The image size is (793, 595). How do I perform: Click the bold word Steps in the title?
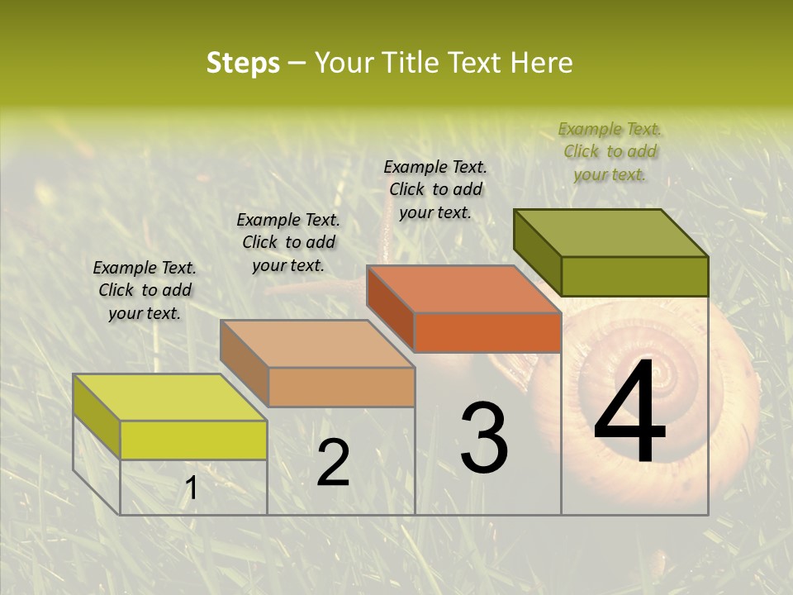tap(242, 64)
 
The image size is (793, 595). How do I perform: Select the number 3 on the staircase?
tap(484, 438)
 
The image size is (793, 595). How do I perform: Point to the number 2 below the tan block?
tap(333, 463)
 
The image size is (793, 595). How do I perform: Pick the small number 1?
tap(192, 488)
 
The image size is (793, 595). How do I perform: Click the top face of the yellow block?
tap(169, 397)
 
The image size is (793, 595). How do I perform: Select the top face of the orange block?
tap(463, 289)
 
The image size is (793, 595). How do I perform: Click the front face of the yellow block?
tap(193, 440)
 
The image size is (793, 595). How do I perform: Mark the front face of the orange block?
tap(487, 332)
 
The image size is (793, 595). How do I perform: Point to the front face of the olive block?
tap(634, 276)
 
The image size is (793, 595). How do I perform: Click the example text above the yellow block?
tap(145, 290)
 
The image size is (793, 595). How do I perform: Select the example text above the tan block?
tap(288, 242)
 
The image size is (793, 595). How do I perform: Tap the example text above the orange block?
tap(435, 189)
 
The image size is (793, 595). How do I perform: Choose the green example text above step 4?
tap(610, 151)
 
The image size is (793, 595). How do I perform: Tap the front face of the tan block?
tap(341, 387)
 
